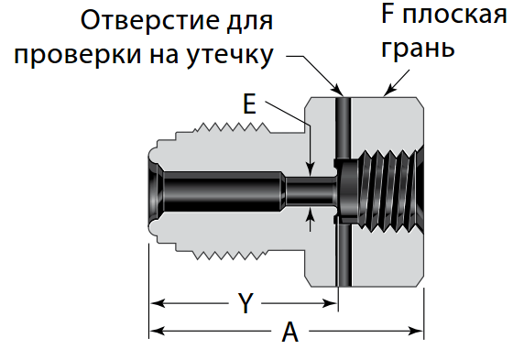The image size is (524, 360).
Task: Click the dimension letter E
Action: click(249, 104)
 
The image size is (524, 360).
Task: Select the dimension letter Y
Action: click(245, 302)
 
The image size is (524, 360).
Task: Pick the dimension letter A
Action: click(290, 333)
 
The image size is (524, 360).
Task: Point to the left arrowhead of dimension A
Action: click(157, 330)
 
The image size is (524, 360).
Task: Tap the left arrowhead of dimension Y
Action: click(157, 301)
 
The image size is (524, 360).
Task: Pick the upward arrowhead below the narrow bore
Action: click(311, 216)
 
